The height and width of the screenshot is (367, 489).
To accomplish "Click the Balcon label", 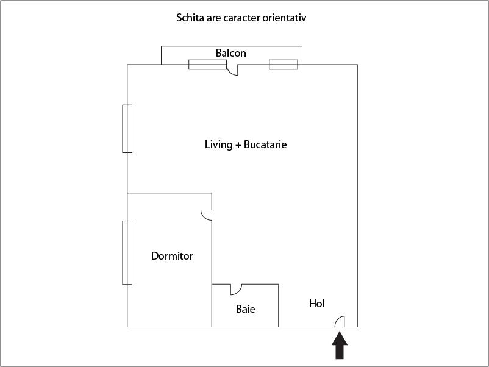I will [230, 53].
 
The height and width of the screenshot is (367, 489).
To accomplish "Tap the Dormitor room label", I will [172, 256].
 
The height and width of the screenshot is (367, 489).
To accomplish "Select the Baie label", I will [245, 309].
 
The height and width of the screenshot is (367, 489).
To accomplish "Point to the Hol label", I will [316, 303].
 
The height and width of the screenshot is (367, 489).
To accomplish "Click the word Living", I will [218, 144].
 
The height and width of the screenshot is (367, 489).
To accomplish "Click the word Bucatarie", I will [265, 144].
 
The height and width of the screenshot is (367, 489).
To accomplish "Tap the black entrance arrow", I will [340, 346].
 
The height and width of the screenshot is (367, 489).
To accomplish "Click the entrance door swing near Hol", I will [341, 321].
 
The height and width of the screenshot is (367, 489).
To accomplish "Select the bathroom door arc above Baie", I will [237, 289].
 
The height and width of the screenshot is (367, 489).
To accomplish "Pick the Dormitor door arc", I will [207, 216].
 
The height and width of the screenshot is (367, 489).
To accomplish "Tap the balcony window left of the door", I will [207, 64].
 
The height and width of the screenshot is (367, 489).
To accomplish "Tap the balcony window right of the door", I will [284, 64].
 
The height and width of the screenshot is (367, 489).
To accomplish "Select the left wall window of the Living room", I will [127, 129].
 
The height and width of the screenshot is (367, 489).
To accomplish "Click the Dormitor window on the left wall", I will [127, 252].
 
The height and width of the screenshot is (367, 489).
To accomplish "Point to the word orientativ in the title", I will [285, 18].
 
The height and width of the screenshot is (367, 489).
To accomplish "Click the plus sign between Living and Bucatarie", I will [238, 145].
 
